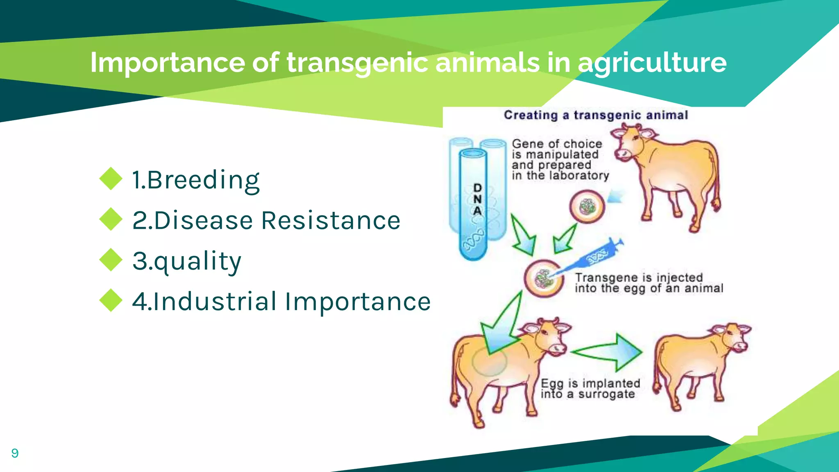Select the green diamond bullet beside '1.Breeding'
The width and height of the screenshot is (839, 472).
(x=111, y=179)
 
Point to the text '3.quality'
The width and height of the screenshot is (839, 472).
(x=187, y=261)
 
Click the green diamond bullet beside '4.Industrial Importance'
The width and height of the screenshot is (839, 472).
(x=111, y=300)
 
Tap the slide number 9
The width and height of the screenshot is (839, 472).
(x=15, y=453)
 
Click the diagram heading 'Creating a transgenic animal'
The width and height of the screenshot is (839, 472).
(x=596, y=115)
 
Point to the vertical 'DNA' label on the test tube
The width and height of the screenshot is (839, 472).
(x=477, y=199)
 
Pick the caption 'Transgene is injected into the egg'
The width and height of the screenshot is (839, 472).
(x=649, y=283)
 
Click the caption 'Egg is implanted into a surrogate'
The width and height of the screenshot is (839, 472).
(x=590, y=388)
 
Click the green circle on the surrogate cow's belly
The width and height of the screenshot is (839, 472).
(x=489, y=361)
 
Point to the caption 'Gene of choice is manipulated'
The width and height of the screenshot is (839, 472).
(x=560, y=160)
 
